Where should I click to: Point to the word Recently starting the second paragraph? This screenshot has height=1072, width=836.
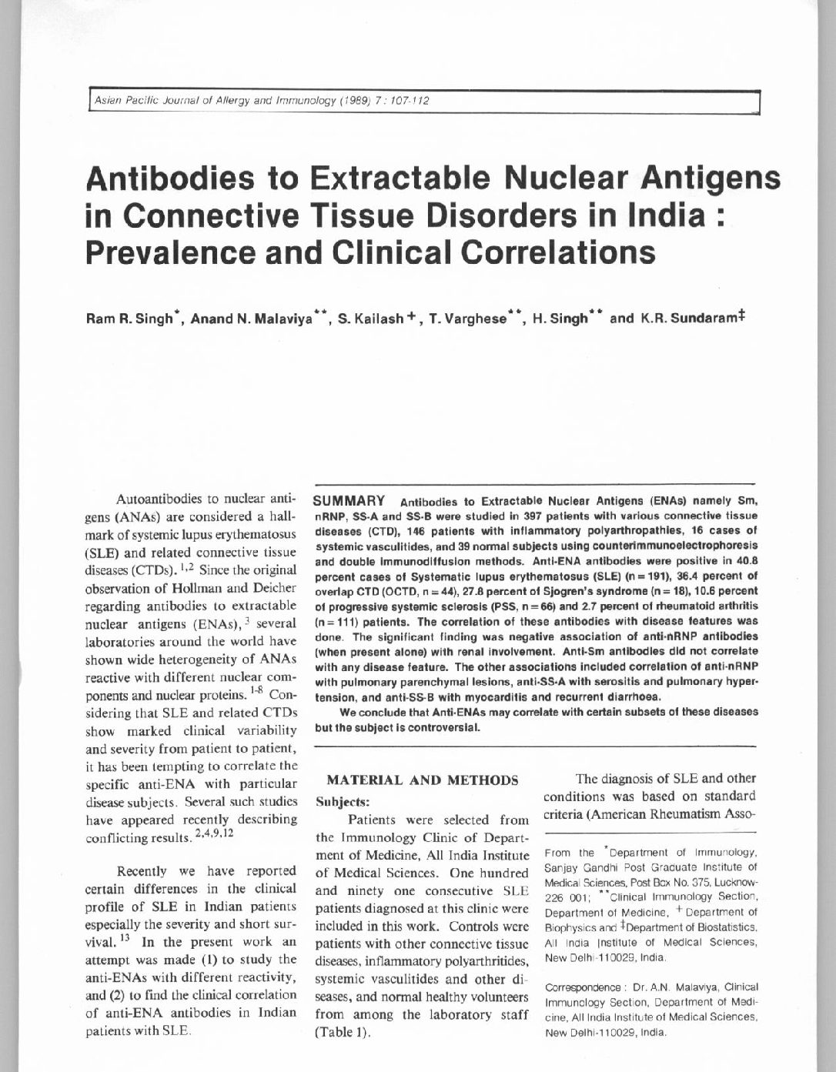tap(145, 871)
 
